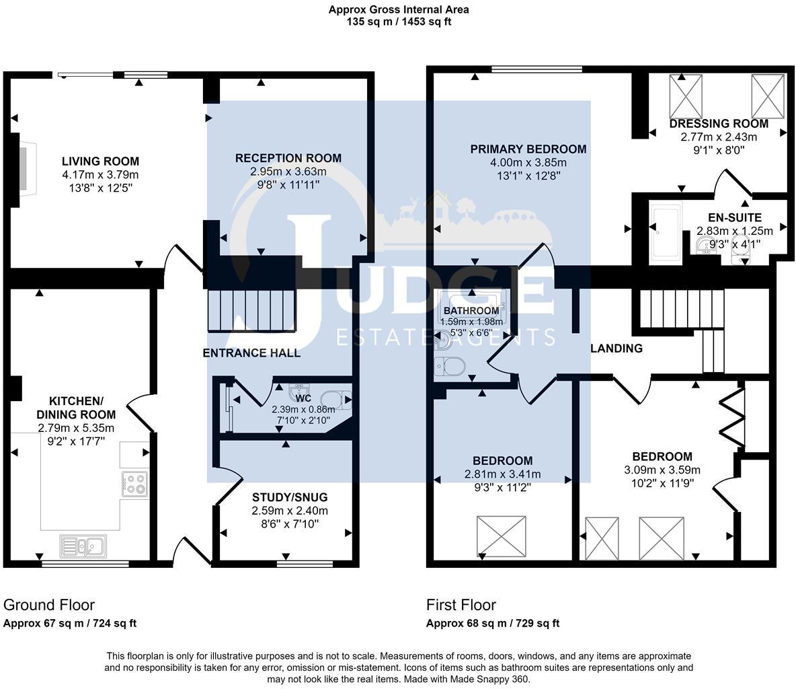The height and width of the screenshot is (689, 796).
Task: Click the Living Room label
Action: coord(101,161)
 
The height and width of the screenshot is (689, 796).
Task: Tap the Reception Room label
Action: coord(288,158)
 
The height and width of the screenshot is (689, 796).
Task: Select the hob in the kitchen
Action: coord(135,484)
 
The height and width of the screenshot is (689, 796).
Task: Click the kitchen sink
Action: coord(83,546)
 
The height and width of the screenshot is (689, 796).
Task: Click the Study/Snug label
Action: coord(290,497)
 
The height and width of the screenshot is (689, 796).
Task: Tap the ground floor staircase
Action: coord(251,310)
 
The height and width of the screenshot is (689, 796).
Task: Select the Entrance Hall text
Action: coord(251,353)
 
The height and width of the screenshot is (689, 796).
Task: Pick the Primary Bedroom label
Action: coord(528,149)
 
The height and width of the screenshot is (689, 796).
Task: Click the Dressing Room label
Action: coord(719,124)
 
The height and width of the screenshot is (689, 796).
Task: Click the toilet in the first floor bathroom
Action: coord(450,366)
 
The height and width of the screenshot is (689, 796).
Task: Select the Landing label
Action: coord(616,348)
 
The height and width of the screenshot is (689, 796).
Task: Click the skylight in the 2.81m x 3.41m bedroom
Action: coord(501,536)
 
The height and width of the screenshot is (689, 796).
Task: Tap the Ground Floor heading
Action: coord(48,605)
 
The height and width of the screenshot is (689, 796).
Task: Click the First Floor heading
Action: coord(461,605)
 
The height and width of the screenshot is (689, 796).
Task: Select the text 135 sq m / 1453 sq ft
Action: coord(399,22)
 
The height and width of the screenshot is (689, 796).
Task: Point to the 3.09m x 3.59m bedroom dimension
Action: coord(662,470)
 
